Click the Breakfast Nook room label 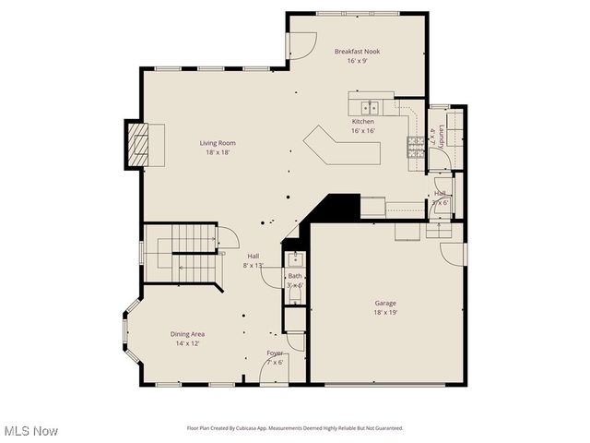357,52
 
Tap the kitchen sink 369,106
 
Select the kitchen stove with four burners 416,148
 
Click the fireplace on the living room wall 138,144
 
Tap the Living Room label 218,143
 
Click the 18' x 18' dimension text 218,153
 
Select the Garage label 385,303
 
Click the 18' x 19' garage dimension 385,313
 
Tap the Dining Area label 187,333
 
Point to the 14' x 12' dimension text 187,343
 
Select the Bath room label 294,276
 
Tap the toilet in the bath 295,318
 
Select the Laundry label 442,135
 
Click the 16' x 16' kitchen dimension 362,131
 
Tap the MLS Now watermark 31,431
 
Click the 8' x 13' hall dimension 253,266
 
